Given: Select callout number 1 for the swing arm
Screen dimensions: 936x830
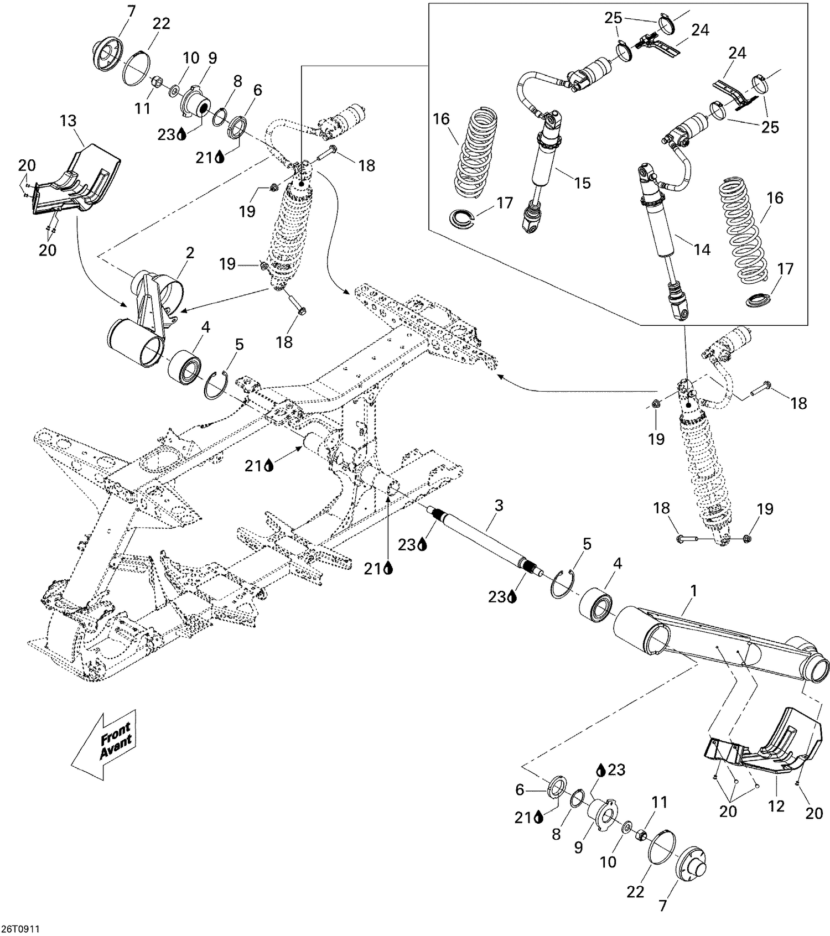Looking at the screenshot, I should pyautogui.click(x=693, y=591).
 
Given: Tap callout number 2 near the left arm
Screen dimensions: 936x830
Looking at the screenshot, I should pyautogui.click(x=190, y=253).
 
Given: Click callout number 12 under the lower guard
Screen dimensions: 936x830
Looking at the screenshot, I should pyautogui.click(x=776, y=806).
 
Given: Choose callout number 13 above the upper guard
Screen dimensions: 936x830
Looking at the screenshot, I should pyautogui.click(x=68, y=121).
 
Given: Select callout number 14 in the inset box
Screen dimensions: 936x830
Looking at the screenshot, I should pyautogui.click(x=702, y=249).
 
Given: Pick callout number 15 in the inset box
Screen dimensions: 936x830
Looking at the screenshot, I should pyautogui.click(x=582, y=183).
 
